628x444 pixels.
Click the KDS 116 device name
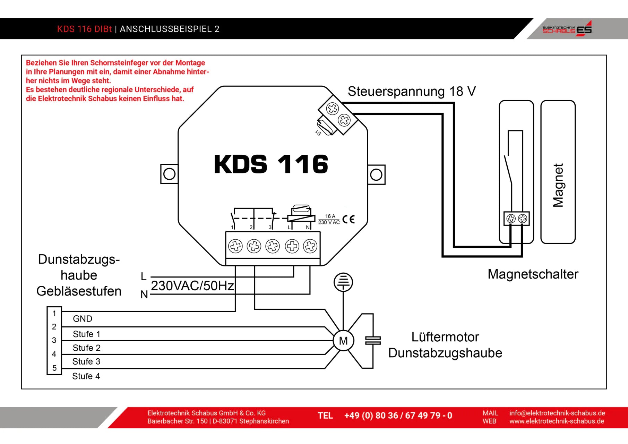point(271,164)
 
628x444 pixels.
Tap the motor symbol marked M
point(343,341)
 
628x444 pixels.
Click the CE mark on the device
point(349,219)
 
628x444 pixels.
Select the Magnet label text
point(558,185)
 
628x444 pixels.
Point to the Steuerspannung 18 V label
point(412,92)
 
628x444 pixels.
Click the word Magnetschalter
point(533,274)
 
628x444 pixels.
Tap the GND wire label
point(83,319)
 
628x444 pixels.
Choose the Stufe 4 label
point(86,376)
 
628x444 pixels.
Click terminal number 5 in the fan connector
point(54,368)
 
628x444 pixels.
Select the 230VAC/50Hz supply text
point(192,286)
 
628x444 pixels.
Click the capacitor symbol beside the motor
point(373,341)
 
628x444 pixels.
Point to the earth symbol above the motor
point(343,282)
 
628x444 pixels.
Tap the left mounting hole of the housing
point(169,174)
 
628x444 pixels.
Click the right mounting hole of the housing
point(376,174)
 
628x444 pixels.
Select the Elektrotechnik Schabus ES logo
point(567,29)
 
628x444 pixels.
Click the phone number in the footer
point(398,416)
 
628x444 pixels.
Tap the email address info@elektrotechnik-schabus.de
point(557,413)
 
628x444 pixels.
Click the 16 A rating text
point(330,216)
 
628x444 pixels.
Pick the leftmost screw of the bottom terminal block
point(235,246)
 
